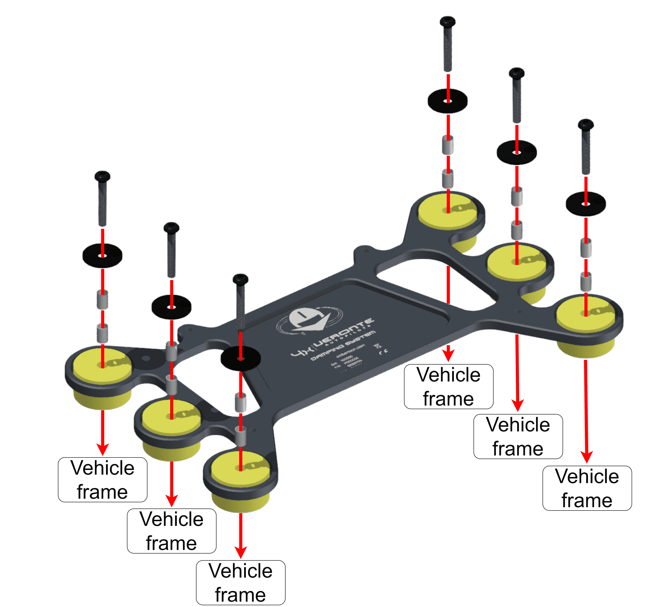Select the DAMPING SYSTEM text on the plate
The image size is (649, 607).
343,345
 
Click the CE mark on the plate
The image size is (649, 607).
384,352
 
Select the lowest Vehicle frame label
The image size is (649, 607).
241,582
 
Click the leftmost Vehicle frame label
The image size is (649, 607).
102,480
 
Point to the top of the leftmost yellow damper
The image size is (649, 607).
102,365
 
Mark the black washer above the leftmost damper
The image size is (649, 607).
102,255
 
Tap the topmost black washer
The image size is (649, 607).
448,101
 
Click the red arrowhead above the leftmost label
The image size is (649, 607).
102,449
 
